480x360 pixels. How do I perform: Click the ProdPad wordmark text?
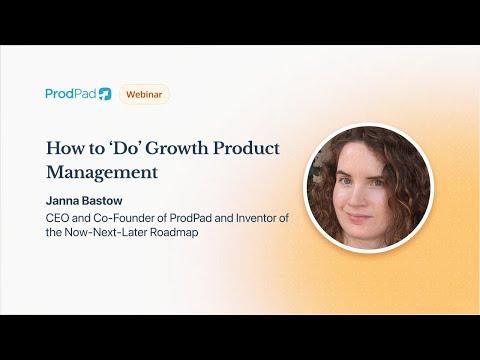(71, 94)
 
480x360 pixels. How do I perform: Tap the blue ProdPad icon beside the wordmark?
(105, 94)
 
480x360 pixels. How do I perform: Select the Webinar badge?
(144, 94)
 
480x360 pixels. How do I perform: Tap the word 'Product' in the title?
(246, 148)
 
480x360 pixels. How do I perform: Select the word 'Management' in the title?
(102, 173)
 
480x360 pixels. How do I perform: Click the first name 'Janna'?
(62, 201)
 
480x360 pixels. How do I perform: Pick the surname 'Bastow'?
(102, 201)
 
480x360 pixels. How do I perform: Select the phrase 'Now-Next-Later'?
(106, 232)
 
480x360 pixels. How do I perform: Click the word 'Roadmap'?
(174, 232)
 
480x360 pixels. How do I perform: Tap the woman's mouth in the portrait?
(358, 217)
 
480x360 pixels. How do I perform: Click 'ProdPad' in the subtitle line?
(190, 218)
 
